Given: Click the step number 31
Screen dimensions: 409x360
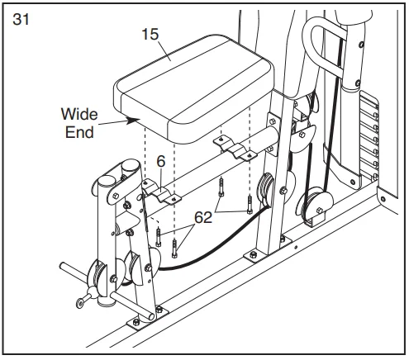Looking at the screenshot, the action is point(21,19).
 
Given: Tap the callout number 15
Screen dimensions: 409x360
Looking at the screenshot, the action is point(150,35).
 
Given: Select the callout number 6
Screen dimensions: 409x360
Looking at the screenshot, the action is point(161,161).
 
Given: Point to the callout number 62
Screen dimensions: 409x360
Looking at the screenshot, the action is point(203,217).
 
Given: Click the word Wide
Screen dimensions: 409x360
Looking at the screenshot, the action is point(79,114).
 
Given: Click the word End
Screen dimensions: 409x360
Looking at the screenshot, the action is point(79,132).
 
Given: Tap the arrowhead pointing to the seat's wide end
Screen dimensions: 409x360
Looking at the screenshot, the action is point(133,120).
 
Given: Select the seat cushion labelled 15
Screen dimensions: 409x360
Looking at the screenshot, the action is point(194,88).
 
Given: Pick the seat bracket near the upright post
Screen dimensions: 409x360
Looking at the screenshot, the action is point(235,148).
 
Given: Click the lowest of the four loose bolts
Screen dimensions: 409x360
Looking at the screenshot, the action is point(174,249).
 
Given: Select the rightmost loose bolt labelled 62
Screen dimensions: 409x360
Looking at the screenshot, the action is point(250,205).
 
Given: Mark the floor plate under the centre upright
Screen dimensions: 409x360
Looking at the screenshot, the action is point(268,249).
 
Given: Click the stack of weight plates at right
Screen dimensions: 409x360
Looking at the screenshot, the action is point(369,138).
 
